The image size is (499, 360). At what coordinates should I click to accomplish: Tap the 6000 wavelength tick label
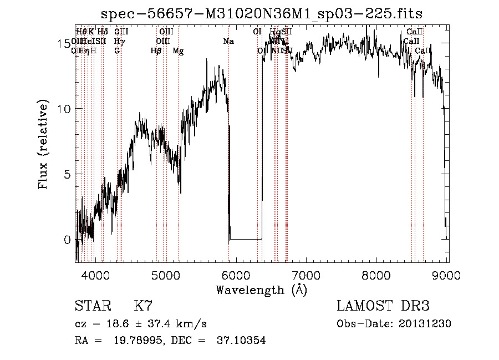(x=236, y=275)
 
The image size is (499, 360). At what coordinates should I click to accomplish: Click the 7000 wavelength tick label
(x=307, y=275)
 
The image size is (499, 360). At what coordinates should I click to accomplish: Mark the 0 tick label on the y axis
(x=67, y=240)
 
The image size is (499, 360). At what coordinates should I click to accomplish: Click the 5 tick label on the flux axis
(x=67, y=175)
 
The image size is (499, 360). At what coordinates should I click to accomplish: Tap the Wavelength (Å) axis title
(x=261, y=290)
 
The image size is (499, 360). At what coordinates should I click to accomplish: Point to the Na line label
(x=228, y=41)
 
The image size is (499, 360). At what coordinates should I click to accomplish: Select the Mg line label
(x=178, y=51)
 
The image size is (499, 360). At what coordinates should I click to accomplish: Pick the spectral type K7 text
(x=142, y=306)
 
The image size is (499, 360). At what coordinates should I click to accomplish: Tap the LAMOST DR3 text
(x=383, y=306)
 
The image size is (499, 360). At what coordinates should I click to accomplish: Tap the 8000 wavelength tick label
(x=377, y=275)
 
